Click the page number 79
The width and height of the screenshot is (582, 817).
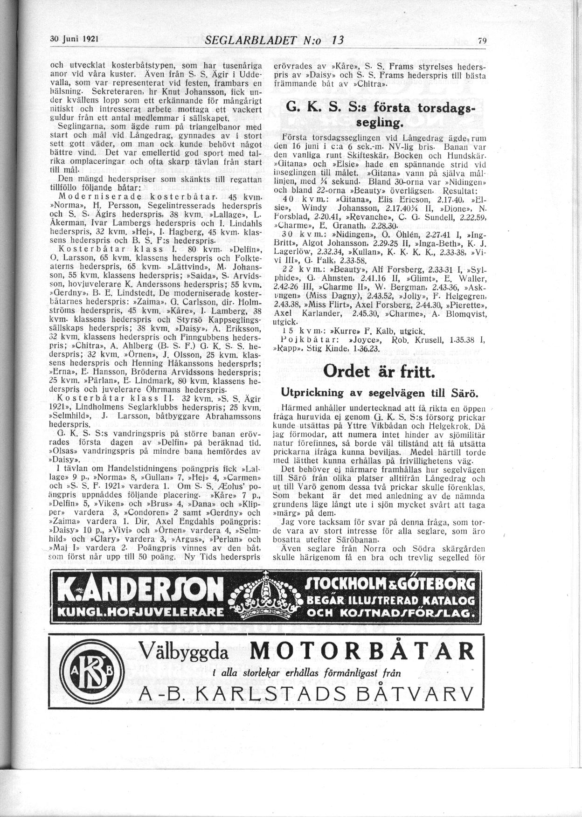[x=482, y=41]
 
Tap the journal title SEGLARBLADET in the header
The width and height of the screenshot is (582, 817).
[x=252, y=40]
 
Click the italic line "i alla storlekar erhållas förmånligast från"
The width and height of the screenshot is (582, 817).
[x=306, y=673]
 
